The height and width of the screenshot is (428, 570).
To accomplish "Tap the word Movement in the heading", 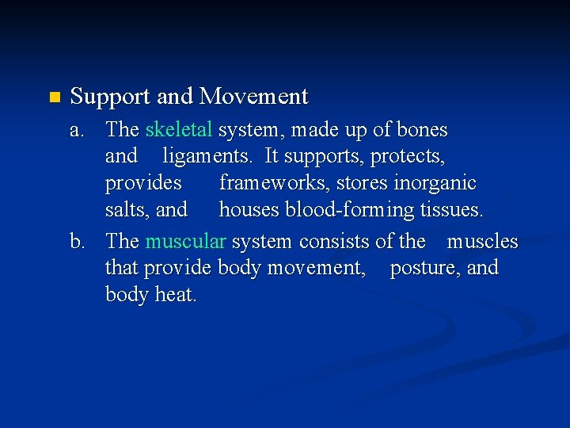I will [253, 97].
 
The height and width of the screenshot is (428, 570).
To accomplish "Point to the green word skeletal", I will [179, 130].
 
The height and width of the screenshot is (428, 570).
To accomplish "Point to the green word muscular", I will [186, 241].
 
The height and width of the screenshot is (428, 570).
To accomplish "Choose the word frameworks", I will [275, 183].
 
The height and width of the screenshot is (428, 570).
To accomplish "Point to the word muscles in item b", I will [482, 241].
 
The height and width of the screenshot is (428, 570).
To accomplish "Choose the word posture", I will [425, 268].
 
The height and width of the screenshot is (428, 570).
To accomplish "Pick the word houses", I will [249, 210].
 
